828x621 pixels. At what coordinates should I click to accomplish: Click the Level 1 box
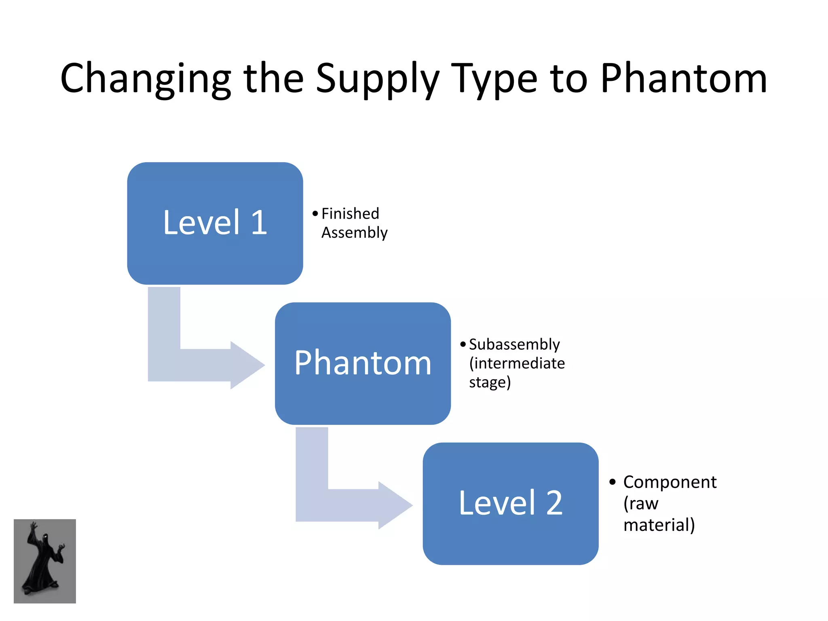[x=215, y=223]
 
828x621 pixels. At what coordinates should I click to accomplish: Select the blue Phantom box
[x=363, y=363]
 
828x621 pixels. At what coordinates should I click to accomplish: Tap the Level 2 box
[x=510, y=503]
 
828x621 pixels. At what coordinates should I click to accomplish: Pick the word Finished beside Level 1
[x=350, y=213]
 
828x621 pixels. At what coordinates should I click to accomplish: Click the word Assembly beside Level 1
[x=354, y=233]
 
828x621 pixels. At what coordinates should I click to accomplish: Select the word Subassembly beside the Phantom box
[x=514, y=344]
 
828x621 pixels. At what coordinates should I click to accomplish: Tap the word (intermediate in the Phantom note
[x=517, y=363]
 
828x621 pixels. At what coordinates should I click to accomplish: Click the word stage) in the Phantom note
[x=490, y=382]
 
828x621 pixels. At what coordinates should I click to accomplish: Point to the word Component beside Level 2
[x=670, y=482]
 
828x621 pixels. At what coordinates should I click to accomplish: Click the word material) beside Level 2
[x=659, y=525]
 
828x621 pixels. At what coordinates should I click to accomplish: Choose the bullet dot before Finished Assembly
[x=315, y=213]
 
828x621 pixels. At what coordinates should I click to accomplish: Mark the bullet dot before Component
[x=613, y=482]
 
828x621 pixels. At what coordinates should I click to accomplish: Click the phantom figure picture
[x=45, y=561]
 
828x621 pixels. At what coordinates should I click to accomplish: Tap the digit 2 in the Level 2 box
[x=554, y=503]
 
